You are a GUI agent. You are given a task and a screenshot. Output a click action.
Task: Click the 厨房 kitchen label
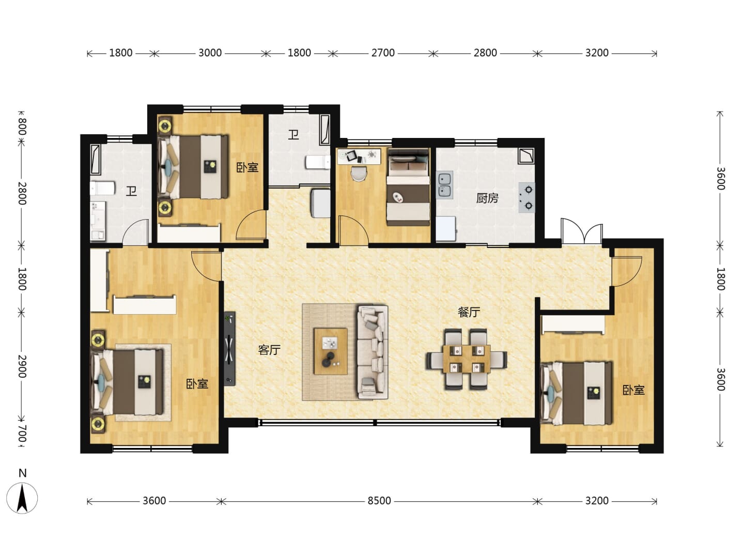[x=487, y=198]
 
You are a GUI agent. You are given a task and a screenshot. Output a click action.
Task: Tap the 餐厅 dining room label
[x=469, y=312]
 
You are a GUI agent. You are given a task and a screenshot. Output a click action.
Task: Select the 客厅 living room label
[x=269, y=350]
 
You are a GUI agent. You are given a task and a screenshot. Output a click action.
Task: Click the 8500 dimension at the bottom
[x=379, y=501]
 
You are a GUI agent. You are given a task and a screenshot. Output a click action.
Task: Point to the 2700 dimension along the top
[x=383, y=53]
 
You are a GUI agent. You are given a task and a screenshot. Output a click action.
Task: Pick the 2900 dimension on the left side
[x=22, y=366]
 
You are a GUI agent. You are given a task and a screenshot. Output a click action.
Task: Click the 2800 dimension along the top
[x=485, y=53]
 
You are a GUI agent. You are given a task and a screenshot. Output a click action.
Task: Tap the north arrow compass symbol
[x=22, y=498]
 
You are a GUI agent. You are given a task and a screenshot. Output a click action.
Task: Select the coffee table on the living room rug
[x=331, y=351]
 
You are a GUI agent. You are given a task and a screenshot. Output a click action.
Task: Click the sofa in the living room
[x=372, y=352]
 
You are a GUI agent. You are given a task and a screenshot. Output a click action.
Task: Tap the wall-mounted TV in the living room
[x=229, y=349]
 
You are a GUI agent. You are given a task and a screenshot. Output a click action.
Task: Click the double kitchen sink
[x=445, y=185]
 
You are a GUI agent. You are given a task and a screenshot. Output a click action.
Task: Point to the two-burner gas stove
[x=526, y=197]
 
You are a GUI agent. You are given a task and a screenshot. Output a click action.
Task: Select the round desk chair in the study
[x=359, y=173]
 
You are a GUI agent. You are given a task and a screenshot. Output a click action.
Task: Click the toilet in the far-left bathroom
[x=102, y=188]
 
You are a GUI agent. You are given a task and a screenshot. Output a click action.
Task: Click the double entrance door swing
[x=582, y=231]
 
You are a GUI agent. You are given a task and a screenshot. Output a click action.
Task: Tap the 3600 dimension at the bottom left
[x=154, y=501]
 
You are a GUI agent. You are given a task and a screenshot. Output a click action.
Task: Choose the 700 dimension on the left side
[x=22, y=433]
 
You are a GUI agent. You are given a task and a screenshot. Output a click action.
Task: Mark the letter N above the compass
[x=23, y=473]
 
